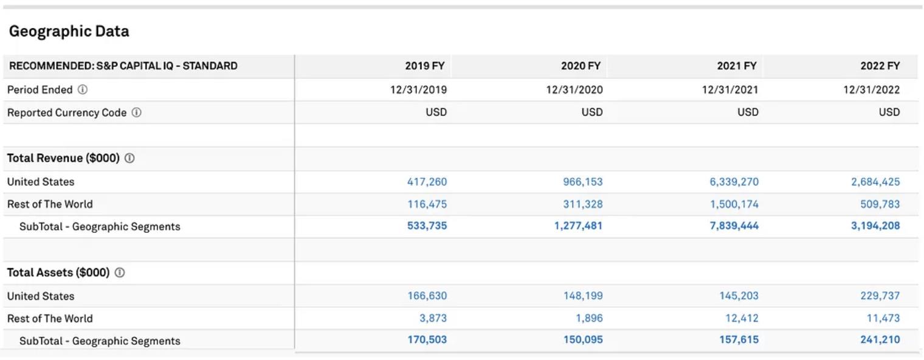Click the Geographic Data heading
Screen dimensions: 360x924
69,32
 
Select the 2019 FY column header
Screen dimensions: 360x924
426,66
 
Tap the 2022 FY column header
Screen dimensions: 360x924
880,66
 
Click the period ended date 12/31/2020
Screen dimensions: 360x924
574,90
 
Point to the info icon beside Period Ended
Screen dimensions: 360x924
83,89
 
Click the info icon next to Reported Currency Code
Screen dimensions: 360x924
137,112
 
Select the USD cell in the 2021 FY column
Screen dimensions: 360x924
748,112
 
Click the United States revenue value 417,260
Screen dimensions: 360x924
427,182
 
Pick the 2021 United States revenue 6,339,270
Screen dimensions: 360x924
734,182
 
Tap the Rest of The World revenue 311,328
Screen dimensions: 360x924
582,204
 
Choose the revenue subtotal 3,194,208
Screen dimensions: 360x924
875,226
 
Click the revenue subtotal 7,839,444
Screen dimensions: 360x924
734,226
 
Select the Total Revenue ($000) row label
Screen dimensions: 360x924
63,158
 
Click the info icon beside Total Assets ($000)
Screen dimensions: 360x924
120,273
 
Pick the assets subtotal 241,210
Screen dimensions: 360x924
880,340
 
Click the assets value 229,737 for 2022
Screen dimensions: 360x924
880,296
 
